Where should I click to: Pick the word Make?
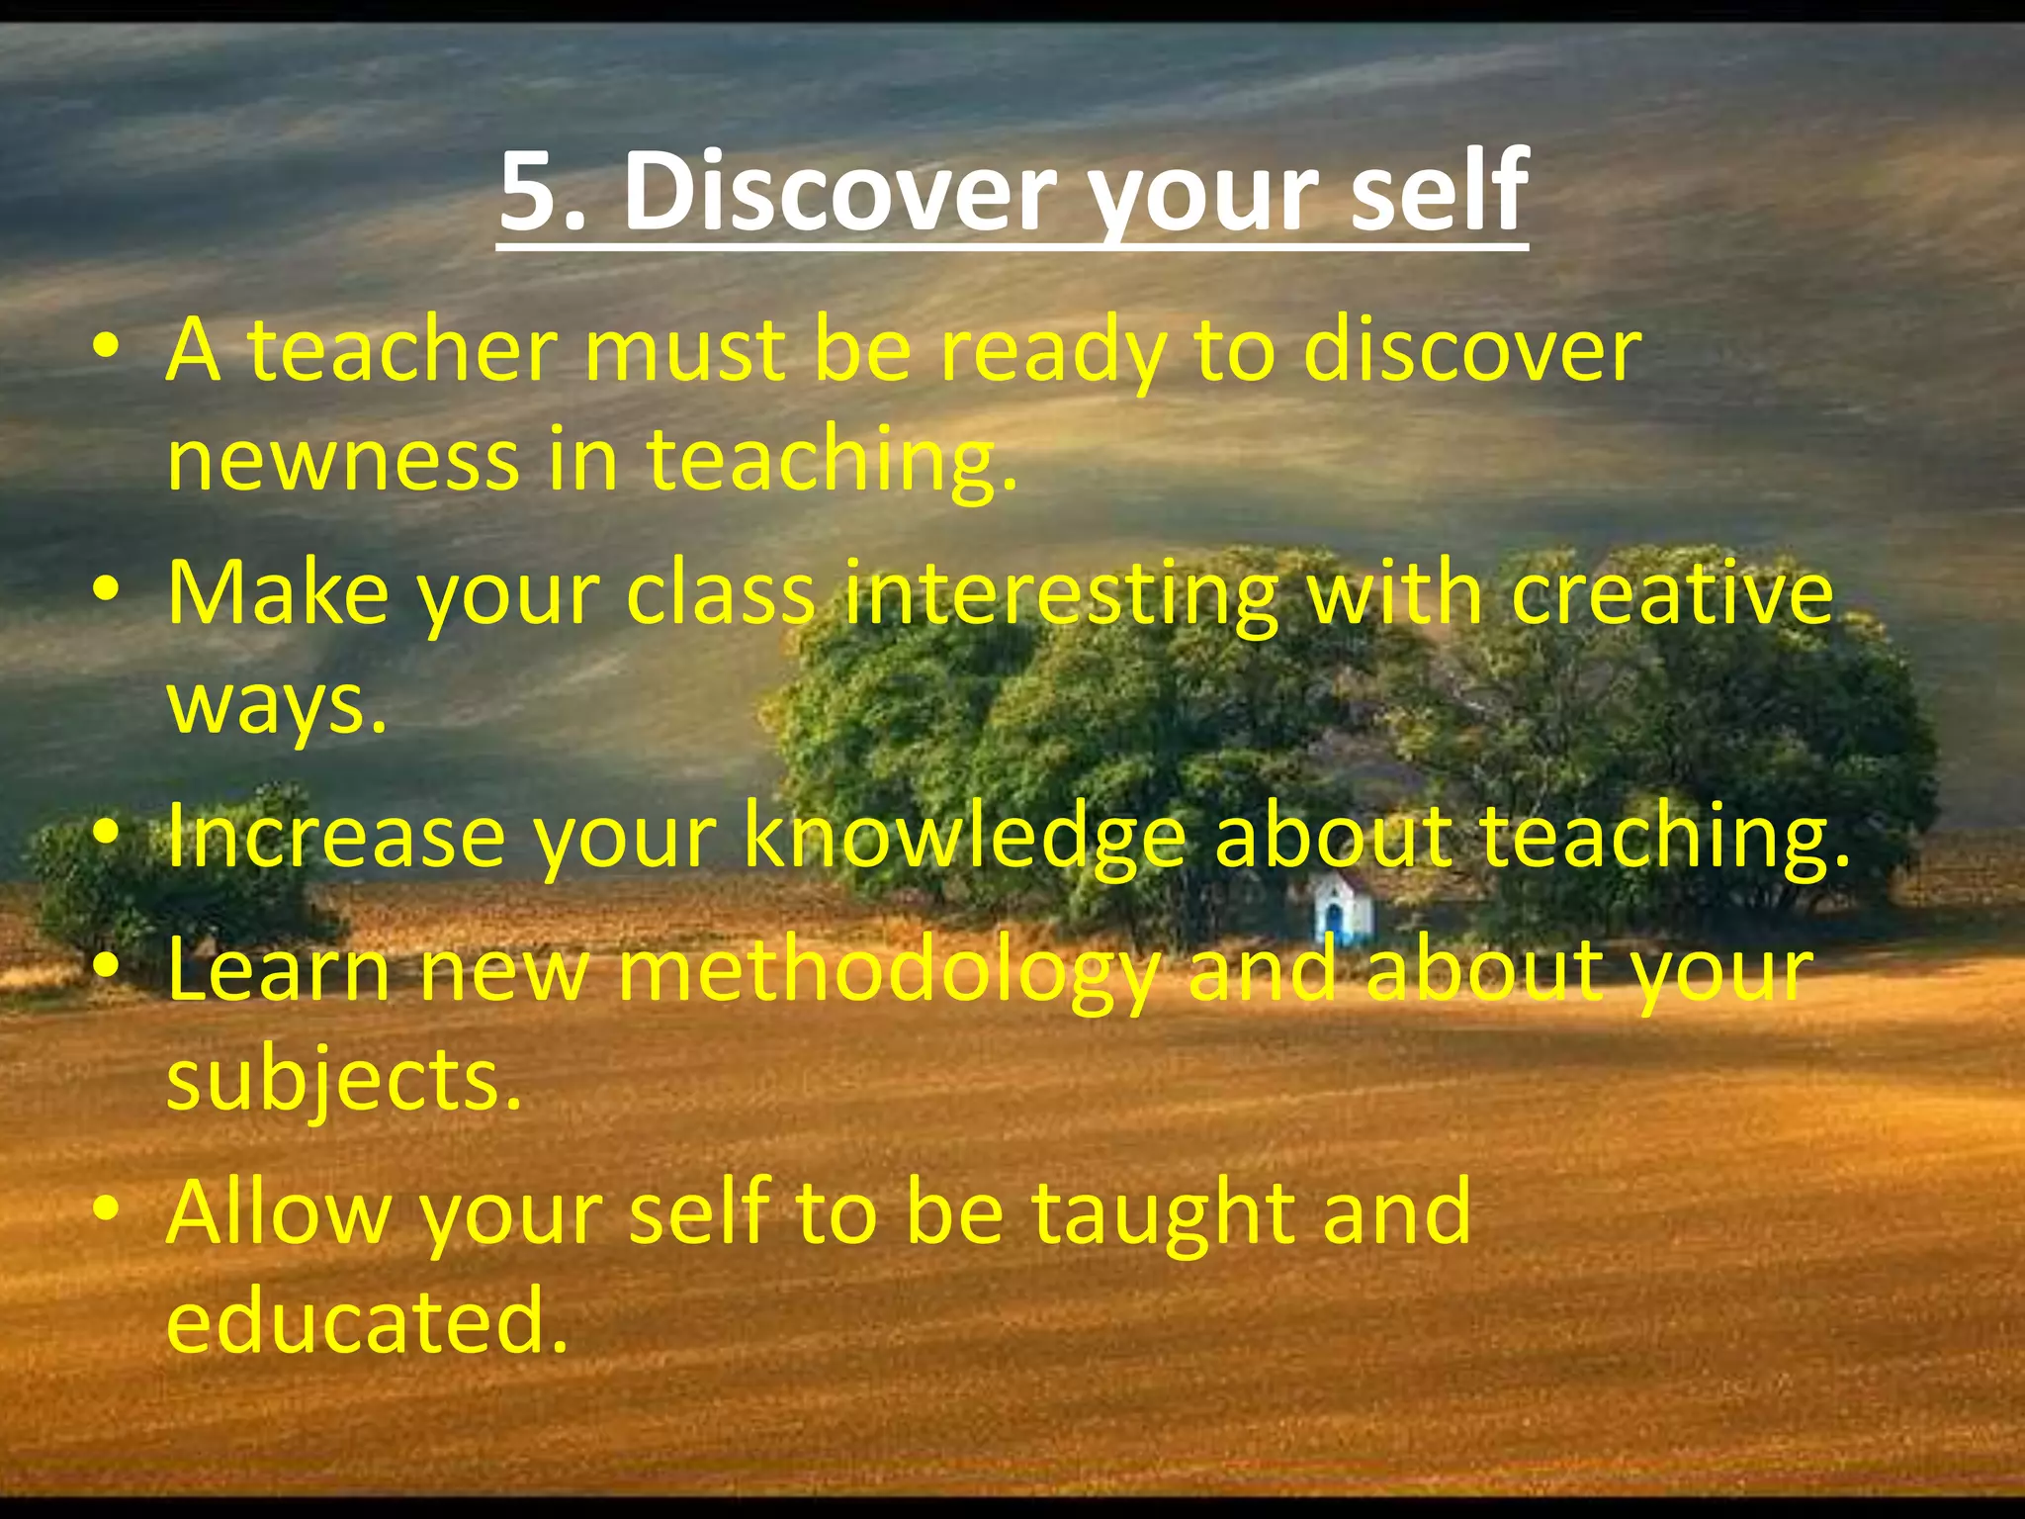pyautogui.click(x=278, y=594)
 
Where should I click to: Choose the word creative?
pyautogui.click(x=1672, y=594)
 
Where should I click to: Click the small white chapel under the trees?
pyautogui.click(x=1343, y=909)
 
